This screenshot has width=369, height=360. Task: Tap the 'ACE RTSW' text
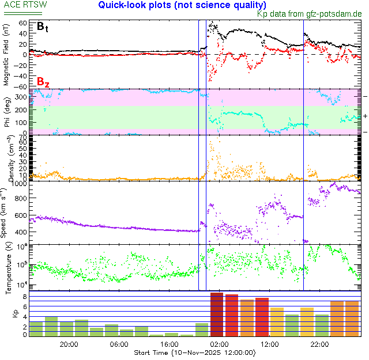click(25, 5)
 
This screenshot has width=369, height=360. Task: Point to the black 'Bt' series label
click(43, 26)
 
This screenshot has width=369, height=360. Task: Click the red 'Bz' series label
click(43, 82)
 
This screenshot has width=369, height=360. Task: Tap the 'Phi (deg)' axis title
click(6, 112)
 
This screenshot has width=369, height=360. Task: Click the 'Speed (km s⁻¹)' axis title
click(6, 213)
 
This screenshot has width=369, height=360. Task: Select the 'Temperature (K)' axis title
click(6, 268)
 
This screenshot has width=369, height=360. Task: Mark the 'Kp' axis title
click(7, 314)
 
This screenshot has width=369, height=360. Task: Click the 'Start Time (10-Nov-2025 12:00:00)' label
click(194, 352)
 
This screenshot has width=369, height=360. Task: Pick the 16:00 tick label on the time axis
click(168, 344)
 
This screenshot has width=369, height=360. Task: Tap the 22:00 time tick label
click(319, 344)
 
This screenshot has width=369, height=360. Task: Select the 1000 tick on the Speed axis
click(18, 184)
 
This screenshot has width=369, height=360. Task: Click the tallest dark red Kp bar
click(216, 314)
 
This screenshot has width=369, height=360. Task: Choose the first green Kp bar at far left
click(36, 329)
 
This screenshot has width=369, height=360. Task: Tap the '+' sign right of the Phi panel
click(365, 116)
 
